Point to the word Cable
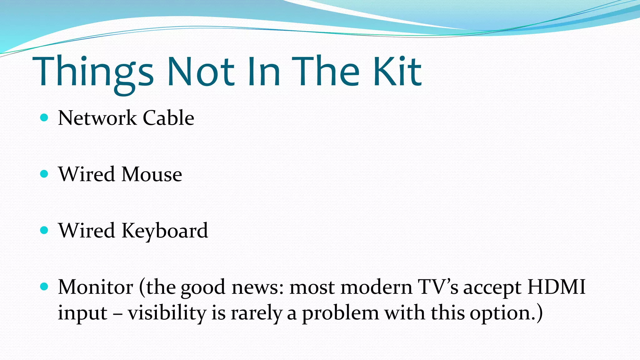(x=168, y=118)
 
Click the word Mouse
(x=152, y=174)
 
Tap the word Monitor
(x=96, y=287)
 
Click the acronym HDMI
(x=556, y=287)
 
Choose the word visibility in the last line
(x=167, y=312)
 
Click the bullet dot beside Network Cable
(x=44, y=118)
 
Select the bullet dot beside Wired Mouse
(x=44, y=174)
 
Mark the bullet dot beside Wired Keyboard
(x=44, y=230)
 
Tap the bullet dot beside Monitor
(x=44, y=287)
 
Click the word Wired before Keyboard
(x=87, y=231)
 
